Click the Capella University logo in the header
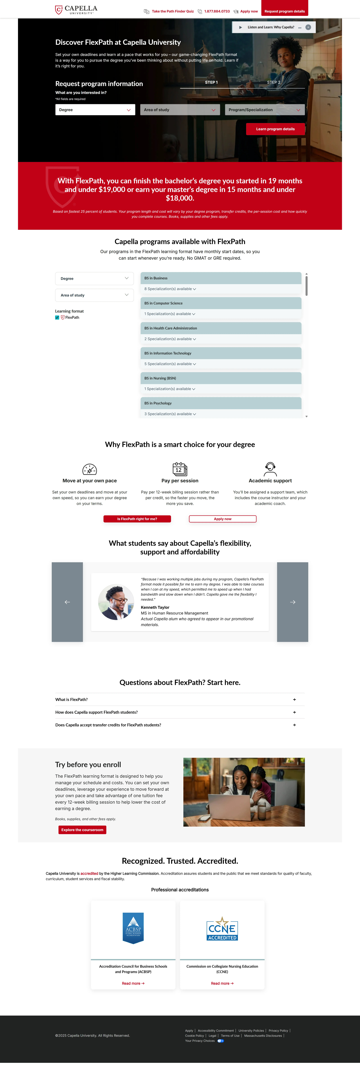pyautogui.click(x=76, y=10)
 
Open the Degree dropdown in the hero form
pyautogui.click(x=95, y=110)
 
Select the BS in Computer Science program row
pyautogui.click(x=221, y=303)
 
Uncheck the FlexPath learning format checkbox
pyautogui.click(x=57, y=318)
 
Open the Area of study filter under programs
pyautogui.click(x=94, y=295)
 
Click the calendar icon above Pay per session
pyautogui.click(x=180, y=469)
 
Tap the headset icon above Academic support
pyautogui.click(x=270, y=469)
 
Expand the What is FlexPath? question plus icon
pyautogui.click(x=295, y=699)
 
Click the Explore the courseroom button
pyautogui.click(x=82, y=830)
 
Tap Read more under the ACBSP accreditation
pyautogui.click(x=133, y=983)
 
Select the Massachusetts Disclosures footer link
pyautogui.click(x=263, y=1036)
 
